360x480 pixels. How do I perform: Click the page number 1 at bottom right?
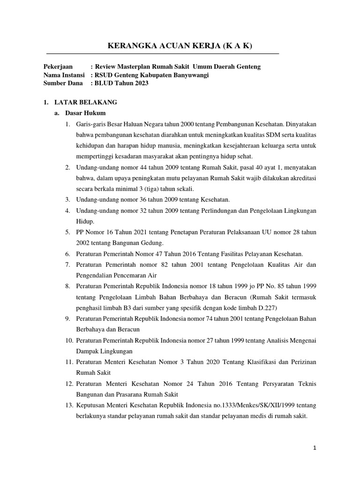point(315,448)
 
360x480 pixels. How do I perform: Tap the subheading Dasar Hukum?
point(86,113)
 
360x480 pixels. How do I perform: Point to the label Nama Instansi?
point(64,75)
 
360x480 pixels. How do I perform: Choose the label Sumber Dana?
point(62,83)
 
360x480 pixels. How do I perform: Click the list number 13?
point(69,405)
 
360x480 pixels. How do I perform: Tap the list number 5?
point(67,232)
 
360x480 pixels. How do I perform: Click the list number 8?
point(67,285)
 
